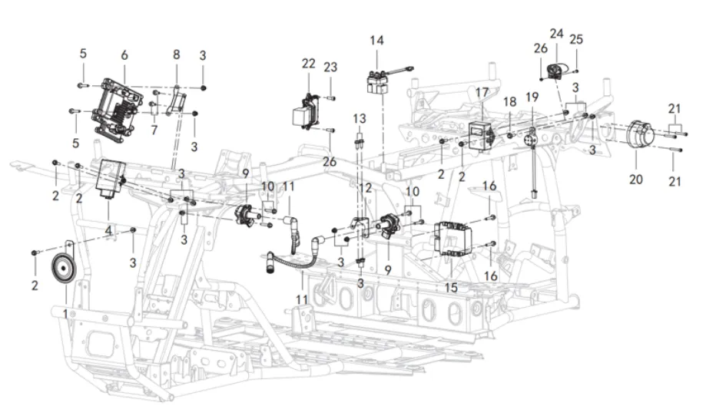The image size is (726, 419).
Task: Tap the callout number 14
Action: point(376,41)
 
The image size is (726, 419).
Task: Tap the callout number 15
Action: point(451,287)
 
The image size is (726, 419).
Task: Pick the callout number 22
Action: point(308,64)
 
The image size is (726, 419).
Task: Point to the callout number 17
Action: point(482,93)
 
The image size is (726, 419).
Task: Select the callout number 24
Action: point(556,34)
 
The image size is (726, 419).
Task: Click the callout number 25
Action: point(576,38)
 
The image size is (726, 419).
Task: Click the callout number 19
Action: point(532,97)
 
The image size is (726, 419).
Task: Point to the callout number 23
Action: point(330,67)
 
